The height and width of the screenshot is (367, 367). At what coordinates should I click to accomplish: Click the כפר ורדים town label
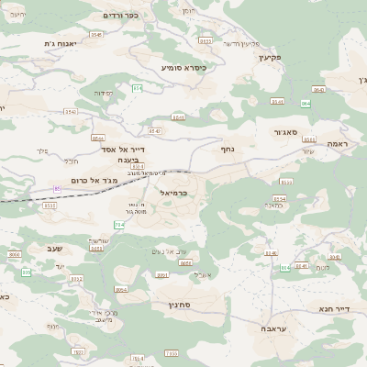pos(120,16)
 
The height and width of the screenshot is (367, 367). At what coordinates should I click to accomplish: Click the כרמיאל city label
pos(173,194)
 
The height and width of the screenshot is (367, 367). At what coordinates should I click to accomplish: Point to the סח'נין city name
pos(179,304)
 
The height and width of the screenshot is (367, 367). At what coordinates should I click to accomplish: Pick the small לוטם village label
pos(322,267)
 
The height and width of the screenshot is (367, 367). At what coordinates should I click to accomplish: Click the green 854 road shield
pos(137,88)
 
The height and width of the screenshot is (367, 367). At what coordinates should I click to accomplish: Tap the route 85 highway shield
pos(57,188)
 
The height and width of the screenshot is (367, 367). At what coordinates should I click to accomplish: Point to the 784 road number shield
pos(118,225)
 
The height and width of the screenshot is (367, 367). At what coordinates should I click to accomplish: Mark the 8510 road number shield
pos(50,206)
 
